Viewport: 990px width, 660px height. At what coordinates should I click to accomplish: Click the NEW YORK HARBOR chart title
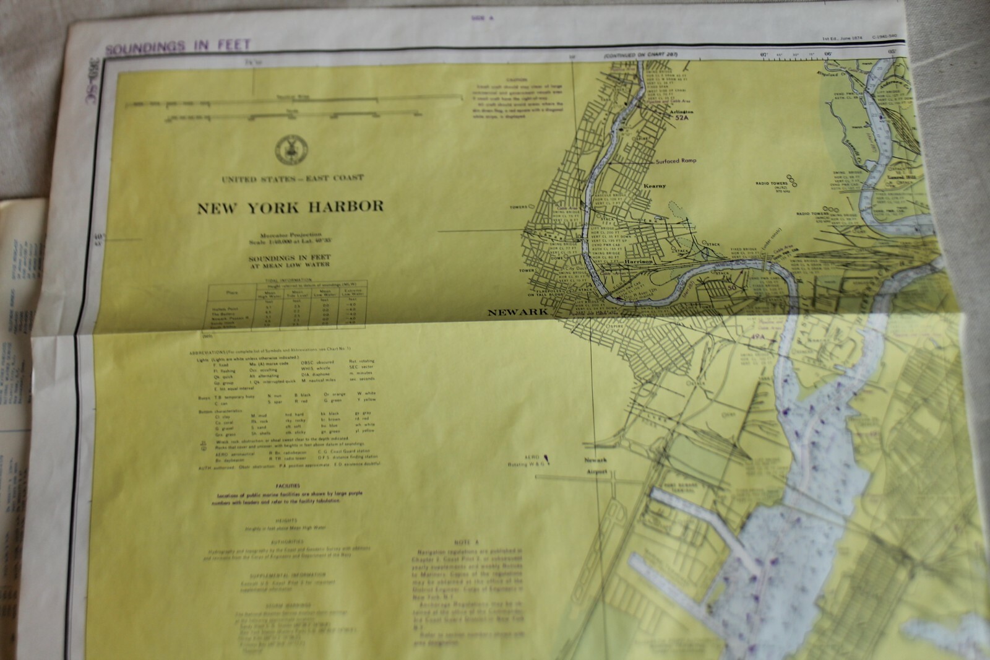[290, 207]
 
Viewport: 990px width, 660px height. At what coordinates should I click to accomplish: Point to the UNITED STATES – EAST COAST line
[292, 178]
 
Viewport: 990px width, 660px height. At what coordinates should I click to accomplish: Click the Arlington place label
[681, 111]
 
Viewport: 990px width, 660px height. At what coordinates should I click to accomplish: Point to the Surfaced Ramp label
[676, 161]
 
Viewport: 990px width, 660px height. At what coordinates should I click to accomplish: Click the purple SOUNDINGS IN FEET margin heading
[178, 46]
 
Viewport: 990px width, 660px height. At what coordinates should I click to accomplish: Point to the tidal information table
[288, 306]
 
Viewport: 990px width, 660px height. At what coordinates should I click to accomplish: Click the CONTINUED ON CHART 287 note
[643, 55]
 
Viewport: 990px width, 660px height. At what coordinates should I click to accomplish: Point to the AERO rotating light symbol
[547, 459]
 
